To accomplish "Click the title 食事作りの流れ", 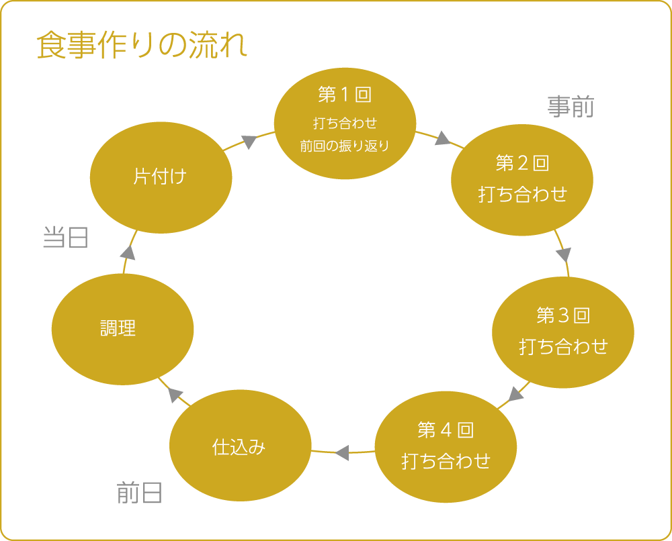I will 142,46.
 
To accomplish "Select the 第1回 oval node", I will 345,123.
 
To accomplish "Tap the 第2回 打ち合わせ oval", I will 522,179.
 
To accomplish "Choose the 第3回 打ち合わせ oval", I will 563,332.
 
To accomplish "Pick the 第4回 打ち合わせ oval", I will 446,446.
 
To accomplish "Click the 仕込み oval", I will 240,446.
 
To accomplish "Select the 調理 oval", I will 122,328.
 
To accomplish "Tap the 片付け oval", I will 161,177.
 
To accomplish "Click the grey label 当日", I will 65,237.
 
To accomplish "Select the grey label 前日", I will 139,493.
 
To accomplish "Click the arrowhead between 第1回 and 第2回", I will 442,139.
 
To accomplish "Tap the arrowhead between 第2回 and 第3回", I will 564,254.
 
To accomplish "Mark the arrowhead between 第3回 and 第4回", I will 516,393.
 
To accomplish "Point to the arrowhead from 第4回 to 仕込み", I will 342,452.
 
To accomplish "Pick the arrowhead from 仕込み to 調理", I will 176,395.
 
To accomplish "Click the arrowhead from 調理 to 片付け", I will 128,252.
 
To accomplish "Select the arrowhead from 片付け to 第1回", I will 249,142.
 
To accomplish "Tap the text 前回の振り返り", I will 345,146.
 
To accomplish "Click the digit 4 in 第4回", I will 446,430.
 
